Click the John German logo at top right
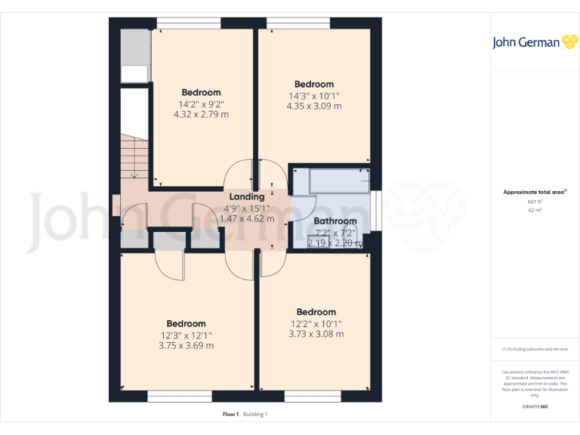click(x=534, y=42)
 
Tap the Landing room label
click(x=246, y=196)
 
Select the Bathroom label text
click(x=335, y=221)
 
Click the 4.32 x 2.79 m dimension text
click(x=201, y=115)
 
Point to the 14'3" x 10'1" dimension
click(x=313, y=96)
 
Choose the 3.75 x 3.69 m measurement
click(x=186, y=346)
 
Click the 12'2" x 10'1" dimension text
click(x=316, y=323)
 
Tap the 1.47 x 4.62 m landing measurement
click(x=246, y=218)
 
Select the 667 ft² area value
click(x=535, y=202)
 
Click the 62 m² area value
click(x=535, y=210)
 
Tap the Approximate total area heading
click(x=534, y=193)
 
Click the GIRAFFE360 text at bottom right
click(x=535, y=406)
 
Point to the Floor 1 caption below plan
click(x=230, y=414)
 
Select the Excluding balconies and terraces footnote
click(x=535, y=349)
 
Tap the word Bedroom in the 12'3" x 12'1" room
click(x=186, y=324)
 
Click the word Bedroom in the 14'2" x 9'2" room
click(x=201, y=93)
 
